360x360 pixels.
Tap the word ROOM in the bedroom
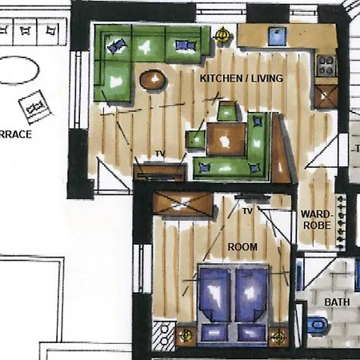tap(242, 247)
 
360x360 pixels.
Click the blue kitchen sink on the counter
tap(276, 36)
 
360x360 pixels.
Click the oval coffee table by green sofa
tap(152, 79)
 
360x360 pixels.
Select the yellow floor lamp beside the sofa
tap(223, 36)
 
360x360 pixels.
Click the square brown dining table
tap(228, 138)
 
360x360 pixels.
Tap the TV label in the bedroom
tap(247, 211)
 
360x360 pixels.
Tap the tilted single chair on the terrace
tap(34, 105)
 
